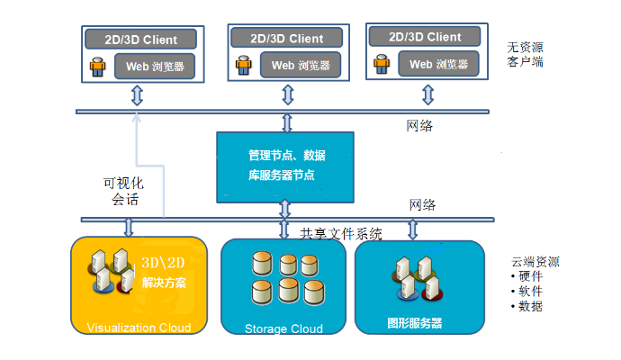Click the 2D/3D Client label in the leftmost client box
141,40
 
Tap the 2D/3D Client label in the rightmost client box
426,37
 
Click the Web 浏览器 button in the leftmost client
154,66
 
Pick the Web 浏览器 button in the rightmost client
438,64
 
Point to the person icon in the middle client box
242,65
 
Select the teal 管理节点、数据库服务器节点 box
285,166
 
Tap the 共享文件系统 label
341,234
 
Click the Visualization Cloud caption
138,327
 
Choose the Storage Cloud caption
283,328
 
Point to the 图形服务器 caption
414,322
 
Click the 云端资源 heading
535,262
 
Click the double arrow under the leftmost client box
137,95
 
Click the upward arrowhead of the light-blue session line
137,118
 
